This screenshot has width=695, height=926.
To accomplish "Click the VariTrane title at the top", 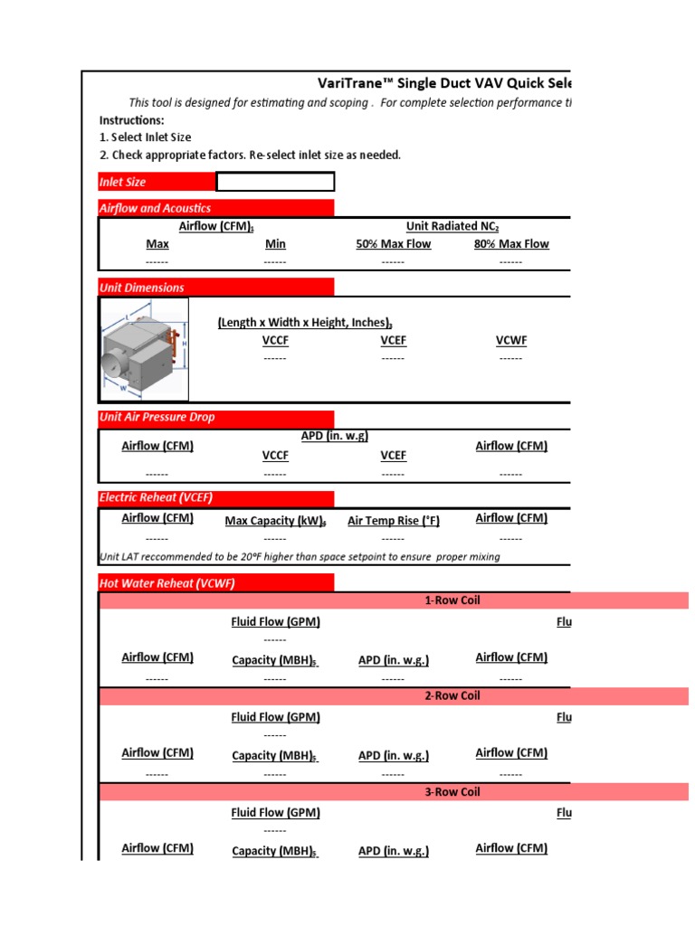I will point(443,83).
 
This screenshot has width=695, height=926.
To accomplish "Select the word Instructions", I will point(132,120).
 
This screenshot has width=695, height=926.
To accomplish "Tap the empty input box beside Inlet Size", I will point(275,182).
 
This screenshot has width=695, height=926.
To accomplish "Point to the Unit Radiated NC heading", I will point(452,226).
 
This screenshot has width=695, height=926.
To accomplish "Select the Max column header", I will point(157,244).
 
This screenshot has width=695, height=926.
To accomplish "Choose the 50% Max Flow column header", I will point(393,244).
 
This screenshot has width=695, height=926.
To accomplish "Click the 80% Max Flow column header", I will point(510,244).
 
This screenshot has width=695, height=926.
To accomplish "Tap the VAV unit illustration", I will point(145,350).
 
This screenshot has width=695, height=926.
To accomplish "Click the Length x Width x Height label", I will point(305,323).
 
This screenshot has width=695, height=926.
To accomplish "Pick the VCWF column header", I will point(510,341).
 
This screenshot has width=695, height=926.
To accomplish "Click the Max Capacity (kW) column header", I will point(275,521).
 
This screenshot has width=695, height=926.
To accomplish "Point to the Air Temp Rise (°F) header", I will point(393,520).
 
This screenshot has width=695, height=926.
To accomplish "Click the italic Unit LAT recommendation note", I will point(300,557).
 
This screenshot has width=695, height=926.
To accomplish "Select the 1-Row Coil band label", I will point(452,600).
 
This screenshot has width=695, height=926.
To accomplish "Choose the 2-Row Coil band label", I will point(452,696).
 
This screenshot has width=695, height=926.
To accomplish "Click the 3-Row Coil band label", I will point(452,792).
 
